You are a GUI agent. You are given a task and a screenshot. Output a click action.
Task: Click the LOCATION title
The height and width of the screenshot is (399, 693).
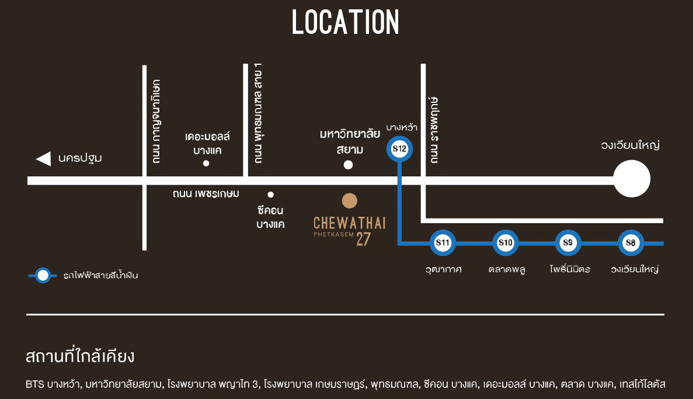coord(346,23)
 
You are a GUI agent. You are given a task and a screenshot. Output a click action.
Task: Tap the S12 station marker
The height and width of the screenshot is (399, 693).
coord(400,149)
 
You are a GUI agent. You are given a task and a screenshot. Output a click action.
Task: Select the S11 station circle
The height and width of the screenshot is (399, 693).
coord(443,243)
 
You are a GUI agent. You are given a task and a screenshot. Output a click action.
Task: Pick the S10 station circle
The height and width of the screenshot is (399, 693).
coord(505,243)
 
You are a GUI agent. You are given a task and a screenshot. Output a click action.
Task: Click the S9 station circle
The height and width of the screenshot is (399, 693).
coord(567,243)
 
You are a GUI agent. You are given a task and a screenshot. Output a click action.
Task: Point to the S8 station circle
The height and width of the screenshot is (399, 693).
coord(631,243)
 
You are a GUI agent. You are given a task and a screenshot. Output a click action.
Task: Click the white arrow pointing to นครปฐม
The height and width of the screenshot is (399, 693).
coord(43,158)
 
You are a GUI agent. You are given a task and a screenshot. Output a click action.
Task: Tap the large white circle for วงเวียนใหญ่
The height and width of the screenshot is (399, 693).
coord(632,179)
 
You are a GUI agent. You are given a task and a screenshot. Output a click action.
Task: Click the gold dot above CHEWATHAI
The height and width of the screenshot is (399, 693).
coord(349,201)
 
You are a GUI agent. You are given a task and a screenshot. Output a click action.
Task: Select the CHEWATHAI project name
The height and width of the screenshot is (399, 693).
coord(349,223)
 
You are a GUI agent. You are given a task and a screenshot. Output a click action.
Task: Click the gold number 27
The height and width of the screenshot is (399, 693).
coord(363,240)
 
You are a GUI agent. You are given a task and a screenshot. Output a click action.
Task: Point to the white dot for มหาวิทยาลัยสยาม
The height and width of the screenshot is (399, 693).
coord(349,165)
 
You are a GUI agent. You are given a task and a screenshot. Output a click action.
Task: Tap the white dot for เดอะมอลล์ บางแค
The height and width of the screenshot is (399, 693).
coord(206,164)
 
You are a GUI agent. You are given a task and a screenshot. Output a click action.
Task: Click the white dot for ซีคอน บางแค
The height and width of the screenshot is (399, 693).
coord(270,195)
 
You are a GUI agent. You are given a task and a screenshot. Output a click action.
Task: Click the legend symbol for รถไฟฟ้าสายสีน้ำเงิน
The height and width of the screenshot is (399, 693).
coord(43,275)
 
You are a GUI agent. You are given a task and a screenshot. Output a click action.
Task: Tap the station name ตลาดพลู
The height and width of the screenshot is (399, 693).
coord(506,269)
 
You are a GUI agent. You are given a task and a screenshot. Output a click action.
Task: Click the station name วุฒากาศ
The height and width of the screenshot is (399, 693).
coord(444,269)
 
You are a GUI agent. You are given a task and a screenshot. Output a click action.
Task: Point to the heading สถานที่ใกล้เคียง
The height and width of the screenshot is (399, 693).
coord(81,356)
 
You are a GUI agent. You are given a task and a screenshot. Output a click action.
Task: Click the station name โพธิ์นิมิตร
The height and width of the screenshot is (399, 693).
coord(570,269)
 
